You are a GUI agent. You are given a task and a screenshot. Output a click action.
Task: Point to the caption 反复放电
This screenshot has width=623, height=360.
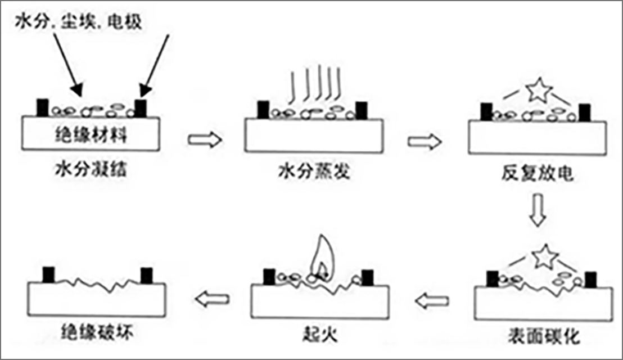tap(538, 174)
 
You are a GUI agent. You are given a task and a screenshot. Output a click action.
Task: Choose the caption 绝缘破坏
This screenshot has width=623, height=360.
tap(97, 334)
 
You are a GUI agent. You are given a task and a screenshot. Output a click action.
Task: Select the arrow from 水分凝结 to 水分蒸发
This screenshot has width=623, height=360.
tap(204, 140)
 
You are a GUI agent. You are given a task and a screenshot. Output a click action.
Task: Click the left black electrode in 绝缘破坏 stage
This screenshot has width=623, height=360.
tap(49, 275)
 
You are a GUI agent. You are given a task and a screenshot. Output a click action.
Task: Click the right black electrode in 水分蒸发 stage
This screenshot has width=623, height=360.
tap(362, 110)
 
